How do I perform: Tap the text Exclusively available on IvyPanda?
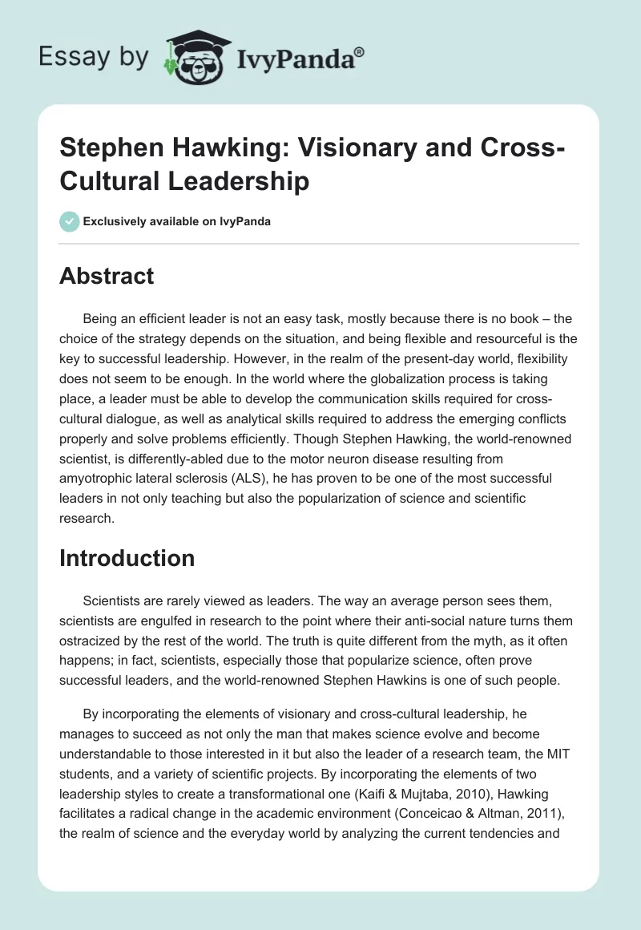[175, 221]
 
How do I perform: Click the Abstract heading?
[107, 276]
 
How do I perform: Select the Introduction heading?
[127, 558]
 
